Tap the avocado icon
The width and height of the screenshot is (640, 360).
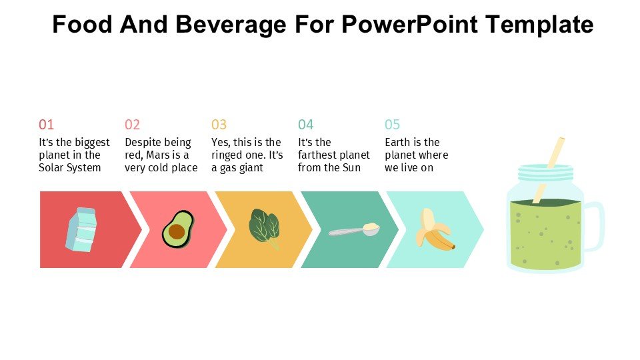(177, 229)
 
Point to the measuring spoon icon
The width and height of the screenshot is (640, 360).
(354, 231)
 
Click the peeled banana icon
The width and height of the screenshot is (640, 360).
(434, 229)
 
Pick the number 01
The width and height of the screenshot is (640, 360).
(46, 125)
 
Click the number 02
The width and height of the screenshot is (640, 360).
(133, 125)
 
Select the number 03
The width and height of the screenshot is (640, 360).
(219, 125)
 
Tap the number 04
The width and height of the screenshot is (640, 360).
(305, 125)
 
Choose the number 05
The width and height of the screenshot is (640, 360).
(392, 125)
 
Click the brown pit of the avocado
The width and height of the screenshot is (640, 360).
(176, 231)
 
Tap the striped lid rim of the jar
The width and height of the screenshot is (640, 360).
(545, 173)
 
